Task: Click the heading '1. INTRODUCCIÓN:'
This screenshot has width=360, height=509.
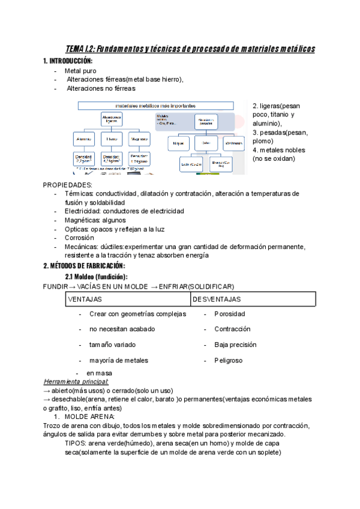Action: pos(68,62)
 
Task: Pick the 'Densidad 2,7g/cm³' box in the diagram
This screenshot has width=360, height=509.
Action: pos(83,160)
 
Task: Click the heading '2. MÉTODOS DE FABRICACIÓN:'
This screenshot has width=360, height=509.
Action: pos(84,266)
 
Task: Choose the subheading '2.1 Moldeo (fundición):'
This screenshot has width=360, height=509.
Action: pos(96,277)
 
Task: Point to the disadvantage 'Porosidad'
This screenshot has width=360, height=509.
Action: pos(229,314)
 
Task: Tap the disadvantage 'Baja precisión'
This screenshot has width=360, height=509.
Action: pos(235,345)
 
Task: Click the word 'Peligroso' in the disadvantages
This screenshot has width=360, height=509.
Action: pos(229,361)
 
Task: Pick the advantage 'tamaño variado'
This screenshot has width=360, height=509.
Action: pos(112,345)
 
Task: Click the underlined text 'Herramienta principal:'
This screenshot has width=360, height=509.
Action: pos(76,382)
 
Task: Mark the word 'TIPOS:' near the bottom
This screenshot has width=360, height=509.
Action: pos(76,443)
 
